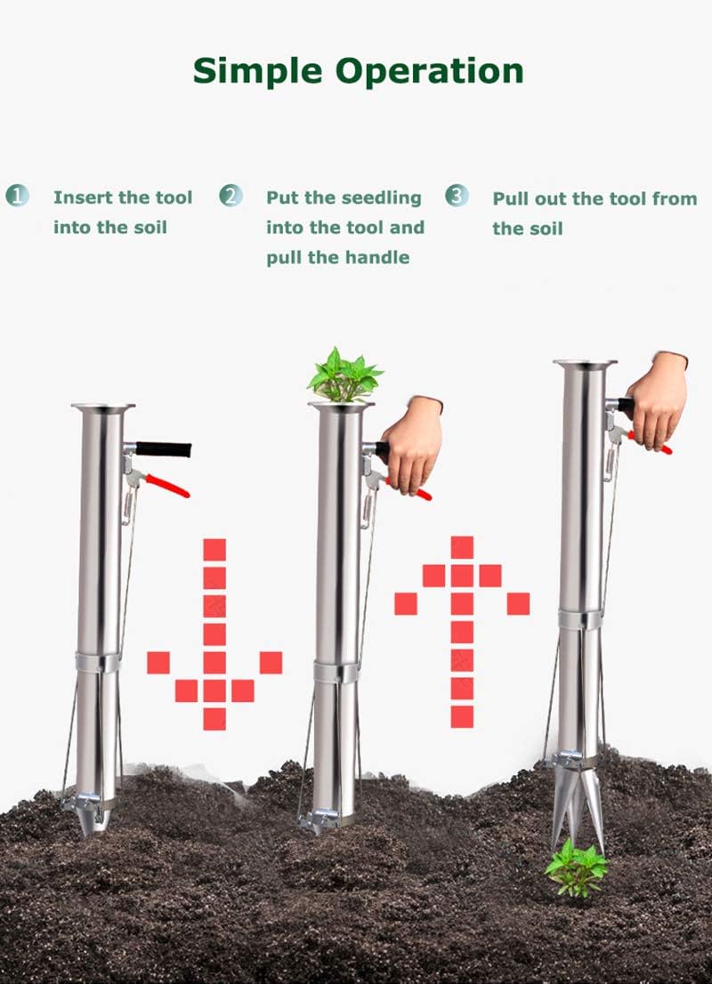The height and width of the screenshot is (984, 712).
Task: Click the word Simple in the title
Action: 258,70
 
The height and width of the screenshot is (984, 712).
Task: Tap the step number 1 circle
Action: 17,196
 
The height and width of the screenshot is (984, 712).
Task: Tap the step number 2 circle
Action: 231,196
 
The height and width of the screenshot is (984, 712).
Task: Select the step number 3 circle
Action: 457,196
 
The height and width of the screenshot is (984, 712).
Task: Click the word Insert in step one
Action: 81,197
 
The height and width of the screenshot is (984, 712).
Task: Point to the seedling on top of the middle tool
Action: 344,375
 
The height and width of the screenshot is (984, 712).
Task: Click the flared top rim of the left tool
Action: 103,408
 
